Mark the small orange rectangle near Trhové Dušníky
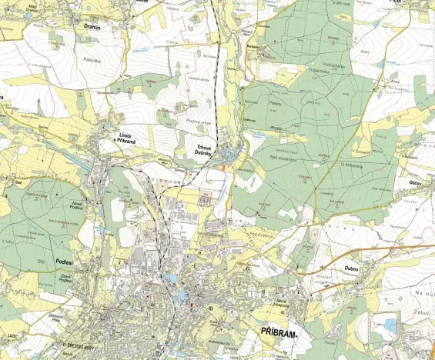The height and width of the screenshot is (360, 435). [x=223, y=165]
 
